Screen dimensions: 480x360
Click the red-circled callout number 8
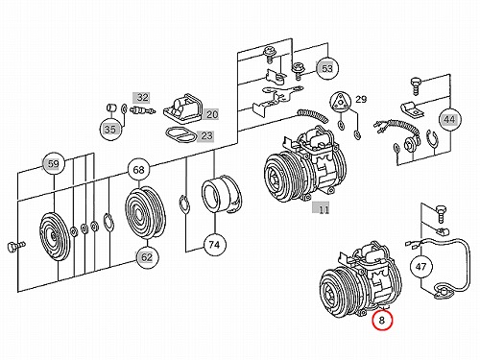pyautogui.click(x=381, y=320)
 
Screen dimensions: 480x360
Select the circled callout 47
pyautogui.click(x=420, y=267)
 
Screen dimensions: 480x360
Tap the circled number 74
pyautogui.click(x=214, y=245)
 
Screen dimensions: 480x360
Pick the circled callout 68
pyautogui.click(x=138, y=170)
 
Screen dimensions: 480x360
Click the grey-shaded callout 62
pyautogui.click(x=147, y=257)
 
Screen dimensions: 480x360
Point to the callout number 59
pyautogui.click(x=53, y=164)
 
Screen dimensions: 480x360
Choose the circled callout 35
pyautogui.click(x=110, y=130)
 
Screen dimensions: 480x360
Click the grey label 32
pyautogui.click(x=141, y=97)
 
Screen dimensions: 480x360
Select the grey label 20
pyautogui.click(x=211, y=114)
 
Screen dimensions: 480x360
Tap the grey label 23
pyautogui.click(x=205, y=136)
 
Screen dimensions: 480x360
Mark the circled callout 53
pyautogui.click(x=327, y=68)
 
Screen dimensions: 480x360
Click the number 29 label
pyautogui.click(x=361, y=99)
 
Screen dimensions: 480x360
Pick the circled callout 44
pyautogui.click(x=449, y=119)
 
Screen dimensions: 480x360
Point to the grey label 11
pyautogui.click(x=322, y=209)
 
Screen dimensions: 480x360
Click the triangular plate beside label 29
pyautogui.click(x=340, y=102)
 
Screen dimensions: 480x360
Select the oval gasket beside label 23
pyautogui.click(x=180, y=134)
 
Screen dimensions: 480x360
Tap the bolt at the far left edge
pyautogui.click(x=15, y=247)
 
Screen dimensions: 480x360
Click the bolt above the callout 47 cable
pyautogui.click(x=441, y=213)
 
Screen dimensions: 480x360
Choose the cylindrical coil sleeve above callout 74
pyautogui.click(x=221, y=194)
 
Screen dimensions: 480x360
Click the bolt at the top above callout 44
pyautogui.click(x=416, y=85)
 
